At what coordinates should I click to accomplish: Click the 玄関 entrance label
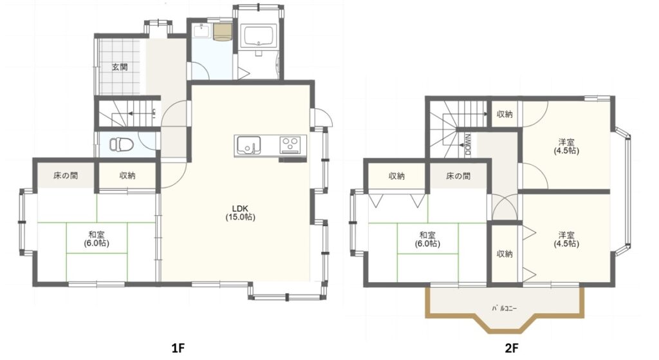point(120,67)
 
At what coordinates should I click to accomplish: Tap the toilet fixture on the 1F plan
point(122,144)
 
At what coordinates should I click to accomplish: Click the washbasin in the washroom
point(203,31)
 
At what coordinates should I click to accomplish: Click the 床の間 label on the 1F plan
point(66,175)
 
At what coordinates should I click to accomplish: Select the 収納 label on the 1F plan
point(127,175)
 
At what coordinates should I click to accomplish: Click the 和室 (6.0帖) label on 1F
point(97,239)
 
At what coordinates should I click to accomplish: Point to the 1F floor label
point(178,348)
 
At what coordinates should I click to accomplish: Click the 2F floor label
point(512,348)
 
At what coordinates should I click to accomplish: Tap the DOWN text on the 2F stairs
point(469,145)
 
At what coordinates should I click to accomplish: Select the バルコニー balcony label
point(505,308)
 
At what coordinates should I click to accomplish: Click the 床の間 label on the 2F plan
point(458,176)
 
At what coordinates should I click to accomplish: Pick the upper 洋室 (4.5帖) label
point(566,146)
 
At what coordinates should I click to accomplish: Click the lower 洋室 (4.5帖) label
point(566,240)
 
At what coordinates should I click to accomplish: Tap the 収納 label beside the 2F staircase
point(505,114)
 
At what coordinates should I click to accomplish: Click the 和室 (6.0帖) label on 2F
point(427,240)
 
